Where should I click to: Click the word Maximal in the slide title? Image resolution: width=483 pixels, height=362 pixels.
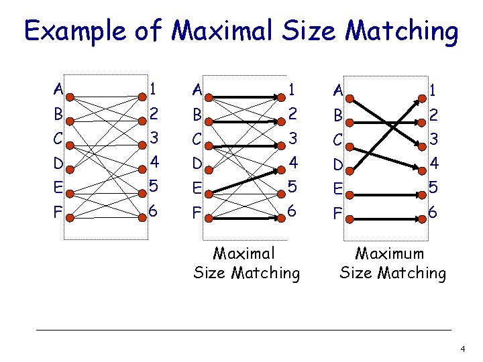pos(215,32)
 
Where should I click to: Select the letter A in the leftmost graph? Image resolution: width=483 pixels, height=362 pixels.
pos(58,89)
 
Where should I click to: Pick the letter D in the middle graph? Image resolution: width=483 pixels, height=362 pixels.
pos(196,163)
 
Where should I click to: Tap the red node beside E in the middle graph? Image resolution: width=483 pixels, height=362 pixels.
pos(208,194)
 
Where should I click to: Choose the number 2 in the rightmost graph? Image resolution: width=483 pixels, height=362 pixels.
pos(433,114)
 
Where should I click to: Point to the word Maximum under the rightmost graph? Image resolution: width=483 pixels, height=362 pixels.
pos(390,254)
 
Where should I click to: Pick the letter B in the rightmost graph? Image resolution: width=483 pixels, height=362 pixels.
pos(339,115)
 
